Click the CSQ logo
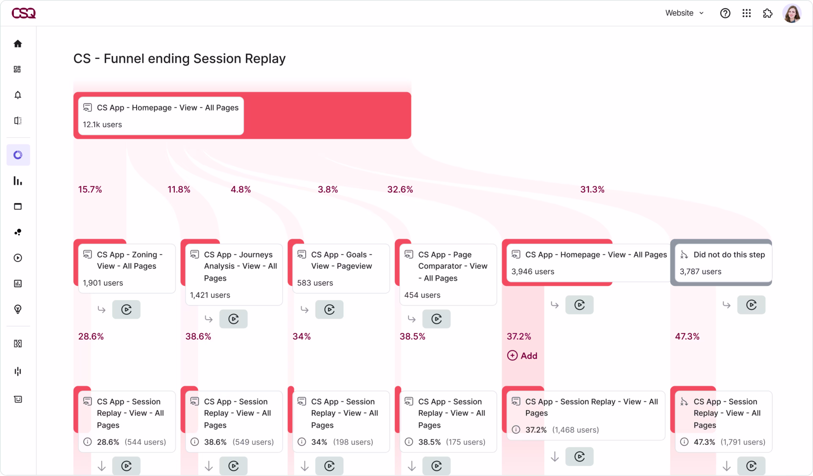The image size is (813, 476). [24, 13]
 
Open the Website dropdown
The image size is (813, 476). [684, 13]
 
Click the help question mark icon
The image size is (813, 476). [725, 13]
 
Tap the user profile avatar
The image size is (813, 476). [791, 13]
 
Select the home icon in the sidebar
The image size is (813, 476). [18, 44]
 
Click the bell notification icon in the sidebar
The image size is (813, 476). [18, 95]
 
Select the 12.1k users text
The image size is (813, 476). [102, 124]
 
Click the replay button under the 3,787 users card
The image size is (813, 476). [751, 305]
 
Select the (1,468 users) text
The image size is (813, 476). [575, 430]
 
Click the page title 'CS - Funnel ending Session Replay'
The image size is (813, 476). [179, 59]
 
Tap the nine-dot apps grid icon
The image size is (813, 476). [747, 13]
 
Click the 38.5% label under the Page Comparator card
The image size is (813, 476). [412, 336]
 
